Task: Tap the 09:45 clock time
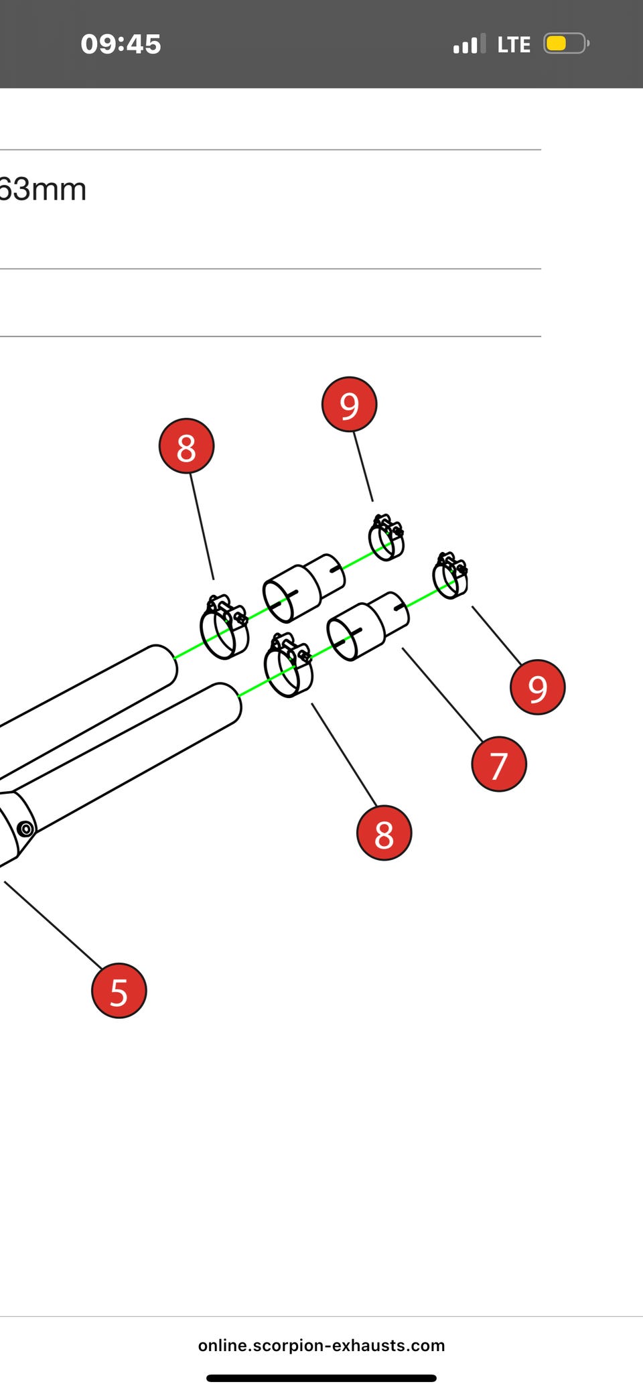tap(121, 44)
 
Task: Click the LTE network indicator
tap(514, 45)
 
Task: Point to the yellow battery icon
tap(566, 44)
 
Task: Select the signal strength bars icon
tap(469, 45)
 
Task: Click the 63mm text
tap(43, 190)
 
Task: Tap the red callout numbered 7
tap(499, 764)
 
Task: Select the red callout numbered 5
tap(119, 991)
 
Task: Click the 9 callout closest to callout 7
tap(538, 687)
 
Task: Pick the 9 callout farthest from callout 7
tap(350, 404)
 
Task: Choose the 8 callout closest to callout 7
tap(384, 833)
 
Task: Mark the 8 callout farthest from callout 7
tap(186, 446)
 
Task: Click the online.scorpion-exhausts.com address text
tap(321, 1345)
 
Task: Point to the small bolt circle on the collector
tap(25, 829)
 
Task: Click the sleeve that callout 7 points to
tap(368, 626)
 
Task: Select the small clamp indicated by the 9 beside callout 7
tap(450, 575)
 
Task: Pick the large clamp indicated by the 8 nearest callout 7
tap(289, 665)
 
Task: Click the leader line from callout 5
tap(54, 924)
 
